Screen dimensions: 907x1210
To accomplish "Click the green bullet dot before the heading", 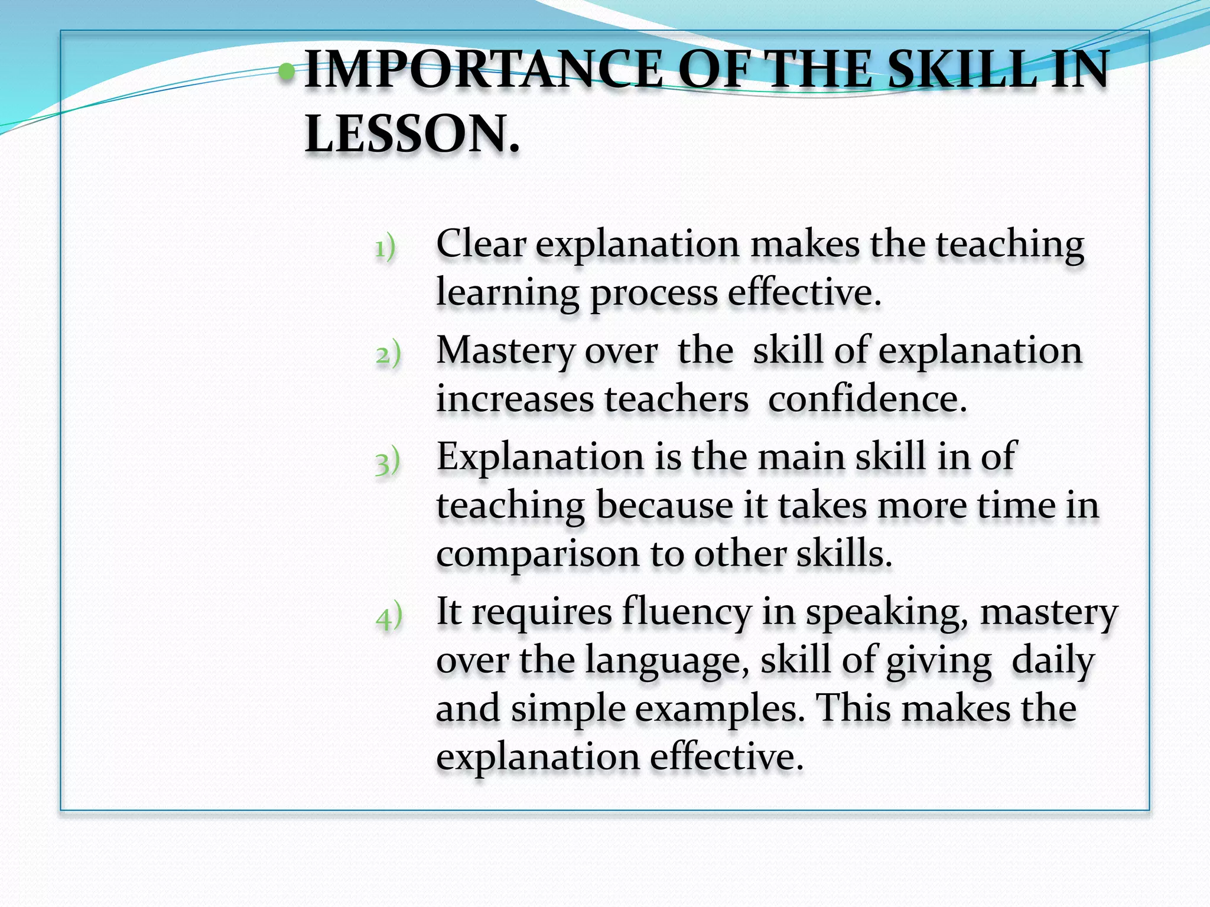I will tap(287, 72).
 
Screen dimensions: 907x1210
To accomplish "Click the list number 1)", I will tap(385, 247).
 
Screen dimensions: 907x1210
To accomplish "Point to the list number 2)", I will tap(388, 354).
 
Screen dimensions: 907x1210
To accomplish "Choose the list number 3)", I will tap(388, 461).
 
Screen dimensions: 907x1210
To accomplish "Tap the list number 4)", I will tap(389, 616).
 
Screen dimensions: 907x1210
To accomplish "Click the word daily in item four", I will tap(1053, 661).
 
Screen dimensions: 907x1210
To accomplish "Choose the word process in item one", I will tap(653, 293).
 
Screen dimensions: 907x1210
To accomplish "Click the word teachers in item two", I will tap(676, 399).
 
